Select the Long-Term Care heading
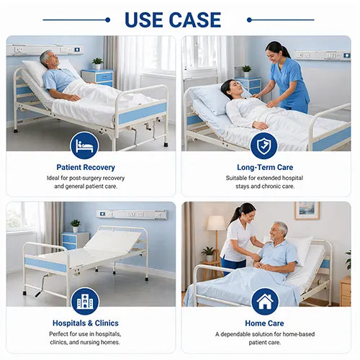264,168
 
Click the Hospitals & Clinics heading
85,323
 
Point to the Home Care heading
264,323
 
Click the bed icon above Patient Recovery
84,145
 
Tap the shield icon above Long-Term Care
264,145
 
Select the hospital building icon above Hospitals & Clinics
84,300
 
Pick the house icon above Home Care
264,300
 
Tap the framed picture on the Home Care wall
307,210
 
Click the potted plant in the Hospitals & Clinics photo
75,225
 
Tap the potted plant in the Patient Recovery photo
97,63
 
